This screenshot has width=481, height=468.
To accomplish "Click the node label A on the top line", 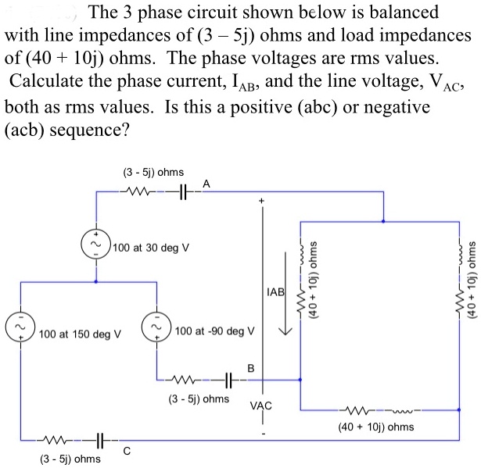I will (x=205, y=183).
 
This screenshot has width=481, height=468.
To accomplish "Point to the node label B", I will (x=251, y=366).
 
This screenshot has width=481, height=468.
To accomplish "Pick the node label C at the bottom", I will (x=126, y=449).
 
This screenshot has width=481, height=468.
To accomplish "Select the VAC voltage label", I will (x=261, y=405).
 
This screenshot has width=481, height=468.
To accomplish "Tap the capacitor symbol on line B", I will (x=229, y=380).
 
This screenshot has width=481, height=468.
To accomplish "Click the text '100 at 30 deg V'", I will (x=152, y=247).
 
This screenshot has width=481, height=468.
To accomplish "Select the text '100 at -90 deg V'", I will (x=214, y=330).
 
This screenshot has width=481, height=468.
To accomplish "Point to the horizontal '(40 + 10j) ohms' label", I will (x=376, y=427).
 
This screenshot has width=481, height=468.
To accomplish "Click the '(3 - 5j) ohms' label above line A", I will (x=153, y=171).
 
